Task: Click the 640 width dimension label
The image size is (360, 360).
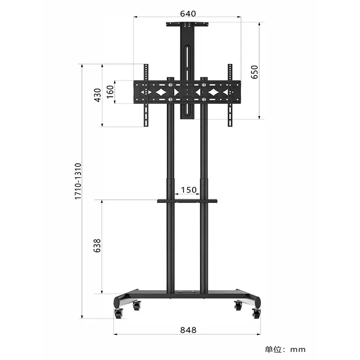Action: (188, 13)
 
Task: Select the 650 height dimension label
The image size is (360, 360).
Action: (254, 72)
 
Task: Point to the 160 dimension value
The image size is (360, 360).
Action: (110, 92)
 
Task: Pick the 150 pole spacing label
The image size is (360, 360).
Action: (188, 189)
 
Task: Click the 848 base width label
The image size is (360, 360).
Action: (188, 330)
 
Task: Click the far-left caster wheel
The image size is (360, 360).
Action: (118, 313)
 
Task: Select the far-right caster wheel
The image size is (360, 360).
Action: (256, 313)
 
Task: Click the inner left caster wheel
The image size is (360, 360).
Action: (136, 306)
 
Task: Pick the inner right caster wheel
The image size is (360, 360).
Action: (238, 306)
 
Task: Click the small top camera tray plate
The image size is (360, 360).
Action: (188, 24)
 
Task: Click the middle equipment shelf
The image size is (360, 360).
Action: (188, 201)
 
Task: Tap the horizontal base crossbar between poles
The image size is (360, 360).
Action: (188, 292)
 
